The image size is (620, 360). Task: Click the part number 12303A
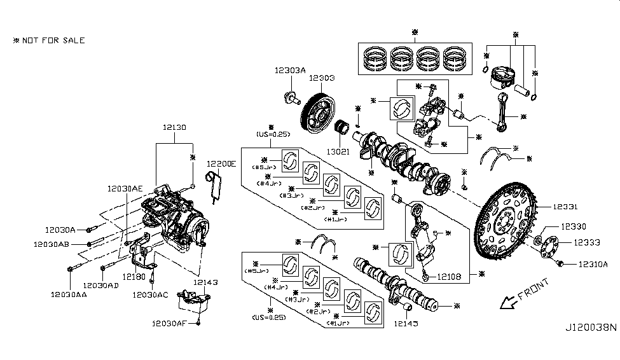pyautogui.click(x=291, y=71)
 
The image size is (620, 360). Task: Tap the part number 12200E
pyautogui.click(x=221, y=164)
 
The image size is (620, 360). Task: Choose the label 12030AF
pyautogui.click(x=169, y=323)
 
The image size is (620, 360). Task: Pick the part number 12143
pyautogui.click(x=205, y=282)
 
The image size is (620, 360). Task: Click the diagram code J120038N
pyautogui.click(x=591, y=328)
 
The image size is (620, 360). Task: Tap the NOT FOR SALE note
pyautogui.click(x=49, y=41)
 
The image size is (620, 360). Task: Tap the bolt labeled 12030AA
pyautogui.click(x=69, y=270)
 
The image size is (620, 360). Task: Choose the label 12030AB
pyautogui.click(x=51, y=244)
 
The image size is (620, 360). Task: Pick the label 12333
pyautogui.click(x=587, y=242)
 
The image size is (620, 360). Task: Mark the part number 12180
pyautogui.click(x=131, y=278)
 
